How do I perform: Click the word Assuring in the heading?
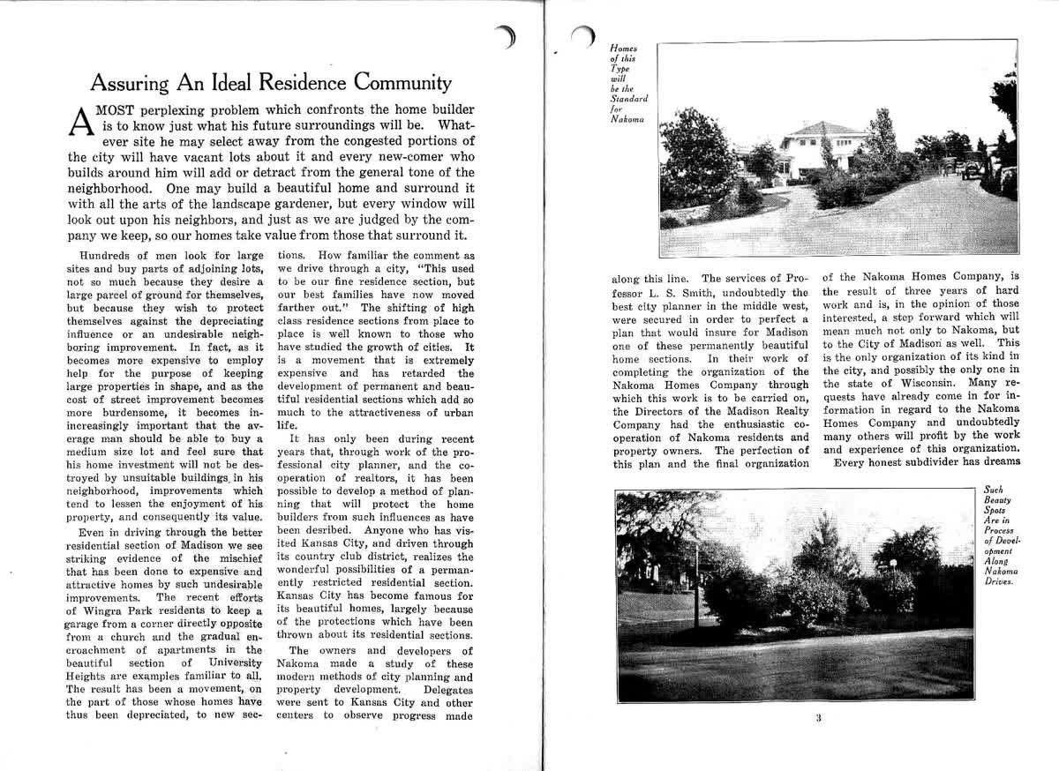pos(131,84)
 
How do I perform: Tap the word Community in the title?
pos(402,84)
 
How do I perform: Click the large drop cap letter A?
pos(79,123)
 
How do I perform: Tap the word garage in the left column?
pos(86,624)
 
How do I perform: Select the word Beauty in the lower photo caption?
pos(998,499)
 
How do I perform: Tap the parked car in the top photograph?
pos(971,165)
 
